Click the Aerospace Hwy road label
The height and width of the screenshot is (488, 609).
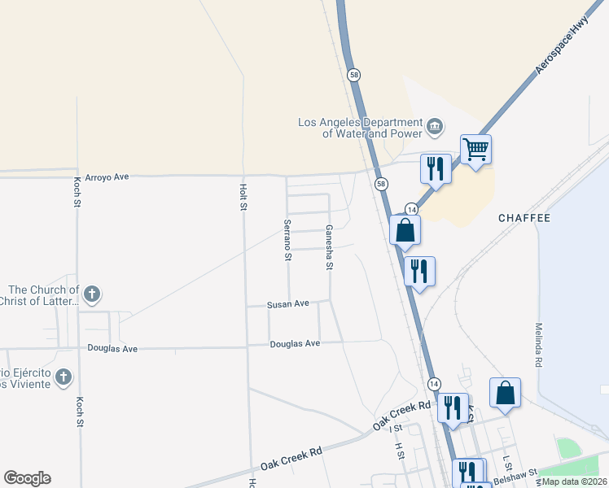point(562,48)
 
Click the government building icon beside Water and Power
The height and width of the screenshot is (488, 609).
point(435,127)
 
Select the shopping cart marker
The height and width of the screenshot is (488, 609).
point(475,149)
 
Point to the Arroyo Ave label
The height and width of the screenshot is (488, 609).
point(110,176)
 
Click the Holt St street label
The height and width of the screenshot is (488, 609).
point(243,197)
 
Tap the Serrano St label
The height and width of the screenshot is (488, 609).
point(287,240)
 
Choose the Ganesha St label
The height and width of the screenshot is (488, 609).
point(329,247)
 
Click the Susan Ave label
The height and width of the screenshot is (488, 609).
point(288,304)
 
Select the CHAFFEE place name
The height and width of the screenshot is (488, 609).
point(524,218)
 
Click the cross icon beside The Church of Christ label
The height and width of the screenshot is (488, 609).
point(92,294)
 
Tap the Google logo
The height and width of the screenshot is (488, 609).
point(27,478)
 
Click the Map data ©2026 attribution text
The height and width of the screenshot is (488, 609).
point(574,481)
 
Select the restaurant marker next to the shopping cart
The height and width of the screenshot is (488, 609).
point(435,168)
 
